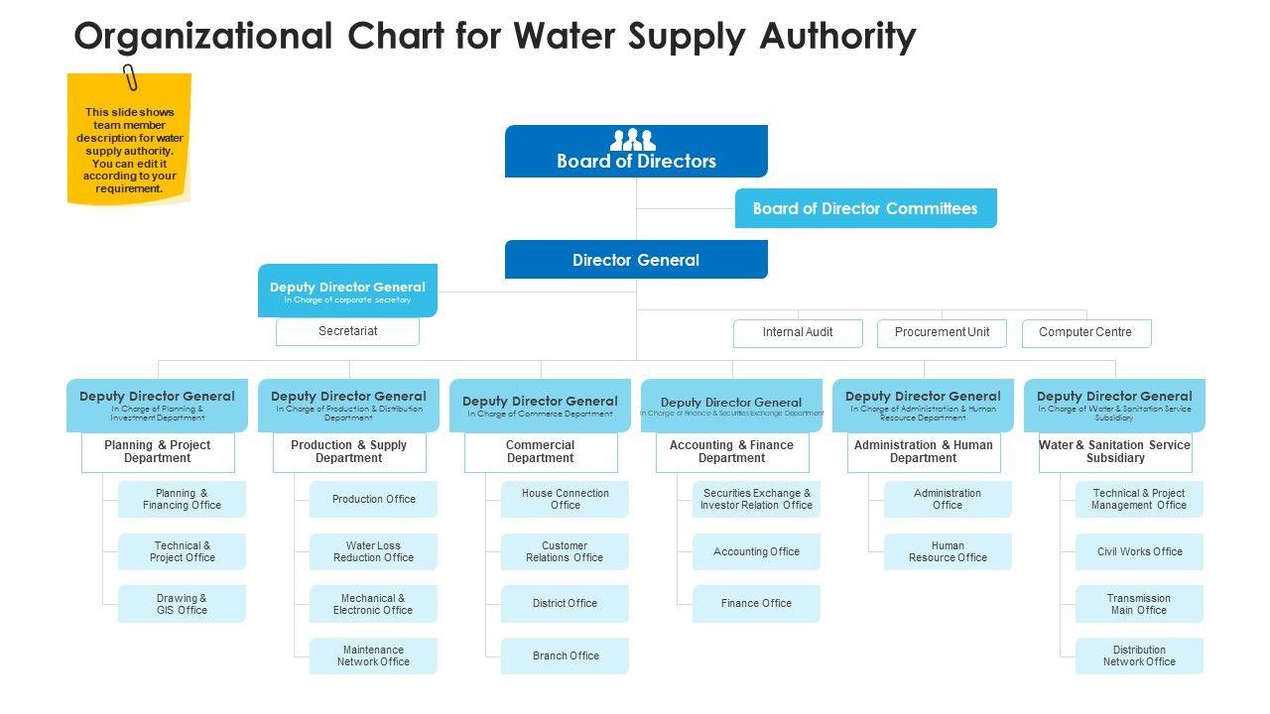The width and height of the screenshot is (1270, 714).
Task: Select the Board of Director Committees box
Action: pos(865,208)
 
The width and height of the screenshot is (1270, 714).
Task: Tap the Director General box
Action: pos(636,260)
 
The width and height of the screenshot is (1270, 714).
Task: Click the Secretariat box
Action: pos(347,331)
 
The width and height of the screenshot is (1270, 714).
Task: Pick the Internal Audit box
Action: pos(798,333)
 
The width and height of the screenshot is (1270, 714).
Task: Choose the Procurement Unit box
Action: pos(942,333)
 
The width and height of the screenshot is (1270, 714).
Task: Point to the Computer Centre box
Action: pos(1085,333)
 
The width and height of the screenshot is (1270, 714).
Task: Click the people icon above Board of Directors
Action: pos(633,140)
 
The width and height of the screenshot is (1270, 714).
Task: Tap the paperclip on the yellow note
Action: pos(130,77)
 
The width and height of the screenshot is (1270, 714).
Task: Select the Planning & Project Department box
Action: pos(158,452)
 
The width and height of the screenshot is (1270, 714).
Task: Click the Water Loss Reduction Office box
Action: pos(373,551)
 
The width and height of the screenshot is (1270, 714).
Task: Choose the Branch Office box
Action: pos(566,655)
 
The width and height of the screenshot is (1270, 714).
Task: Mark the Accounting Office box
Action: pos(756,551)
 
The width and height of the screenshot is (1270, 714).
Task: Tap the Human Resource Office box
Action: pos(948,551)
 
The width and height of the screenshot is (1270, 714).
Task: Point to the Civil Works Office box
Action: pos(1139,551)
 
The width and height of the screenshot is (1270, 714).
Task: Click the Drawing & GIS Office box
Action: pos(182,604)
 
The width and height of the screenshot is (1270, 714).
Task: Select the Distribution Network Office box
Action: pos(1139,655)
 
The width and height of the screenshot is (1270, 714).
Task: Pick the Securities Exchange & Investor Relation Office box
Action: pos(756,499)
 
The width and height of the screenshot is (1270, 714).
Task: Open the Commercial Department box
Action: pos(541,452)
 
